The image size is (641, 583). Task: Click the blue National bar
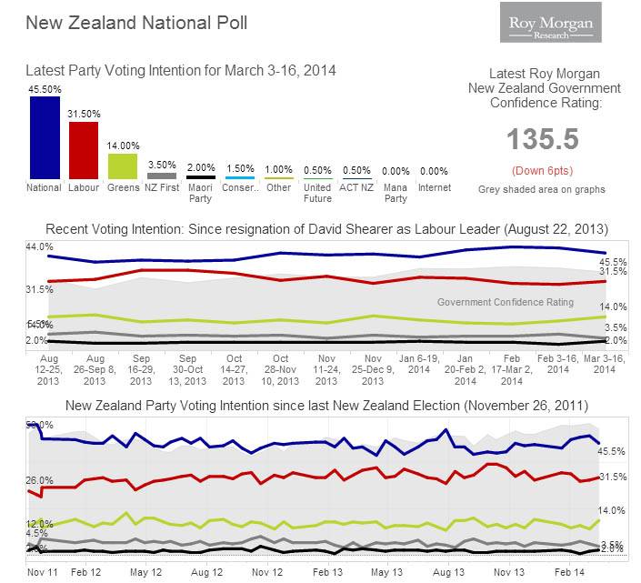tap(45, 137)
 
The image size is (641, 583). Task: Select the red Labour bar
tap(83, 150)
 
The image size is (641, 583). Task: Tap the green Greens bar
tap(123, 166)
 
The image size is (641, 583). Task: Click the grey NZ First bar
tap(162, 176)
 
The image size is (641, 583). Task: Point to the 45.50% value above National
tap(45, 88)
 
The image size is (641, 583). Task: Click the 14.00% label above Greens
tap(123, 146)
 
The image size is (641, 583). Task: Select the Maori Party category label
tap(200, 193)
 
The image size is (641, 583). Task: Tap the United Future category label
tap(317, 193)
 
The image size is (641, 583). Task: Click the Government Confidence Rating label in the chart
tap(506, 302)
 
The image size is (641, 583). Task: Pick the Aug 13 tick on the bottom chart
tap(446, 573)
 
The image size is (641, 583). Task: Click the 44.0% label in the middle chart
tap(40, 247)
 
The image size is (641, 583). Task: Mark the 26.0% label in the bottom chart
tap(40, 480)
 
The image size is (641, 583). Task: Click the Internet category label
tap(434, 188)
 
